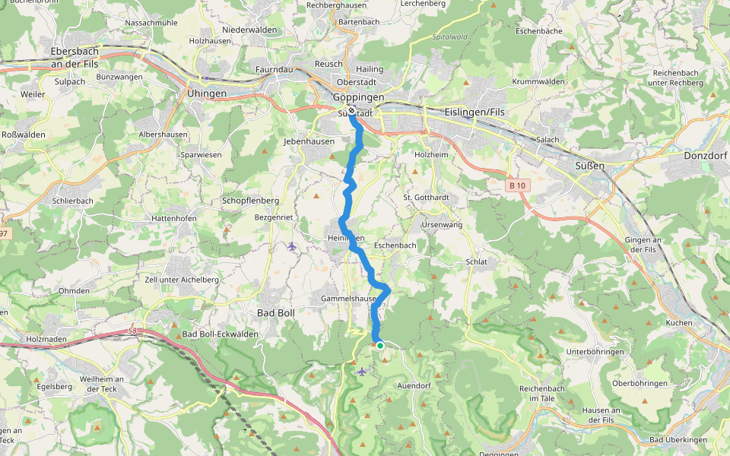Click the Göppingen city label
tap(358, 97)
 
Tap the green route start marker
tap(379, 345)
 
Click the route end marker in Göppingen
tap(351, 112)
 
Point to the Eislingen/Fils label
tap(476, 112)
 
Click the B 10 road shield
tap(517, 185)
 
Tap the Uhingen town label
tap(206, 93)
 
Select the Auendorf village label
tap(414, 386)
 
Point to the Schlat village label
tap(476, 261)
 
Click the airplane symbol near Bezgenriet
tap(292, 246)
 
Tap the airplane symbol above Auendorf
tap(362, 371)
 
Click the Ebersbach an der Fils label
tap(76, 58)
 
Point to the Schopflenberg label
tap(250, 201)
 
